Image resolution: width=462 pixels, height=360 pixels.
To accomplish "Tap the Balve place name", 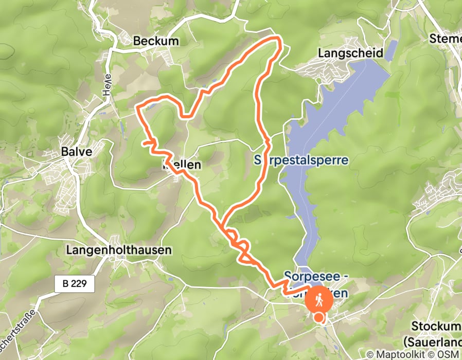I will pos(76,152).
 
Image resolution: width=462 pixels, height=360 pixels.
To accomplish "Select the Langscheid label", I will pos(351,53).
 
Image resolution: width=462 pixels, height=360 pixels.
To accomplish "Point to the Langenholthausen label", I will pos(118,250).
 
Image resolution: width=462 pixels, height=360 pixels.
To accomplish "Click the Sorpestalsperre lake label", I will pos(301,160).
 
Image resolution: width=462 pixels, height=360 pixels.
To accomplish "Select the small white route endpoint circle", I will pos(320,318).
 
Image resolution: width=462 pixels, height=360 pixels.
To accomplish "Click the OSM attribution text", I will pos(449,354).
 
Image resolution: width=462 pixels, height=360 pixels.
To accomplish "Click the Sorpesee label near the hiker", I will pos(316,277).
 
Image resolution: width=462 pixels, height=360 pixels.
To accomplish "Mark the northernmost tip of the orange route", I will pos(278,38).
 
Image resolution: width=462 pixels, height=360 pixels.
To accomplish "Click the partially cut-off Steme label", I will pos(446,39).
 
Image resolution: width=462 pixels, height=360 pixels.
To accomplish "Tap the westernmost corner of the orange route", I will pos(137,107).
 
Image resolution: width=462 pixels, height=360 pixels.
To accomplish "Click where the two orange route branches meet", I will pos(222,224).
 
